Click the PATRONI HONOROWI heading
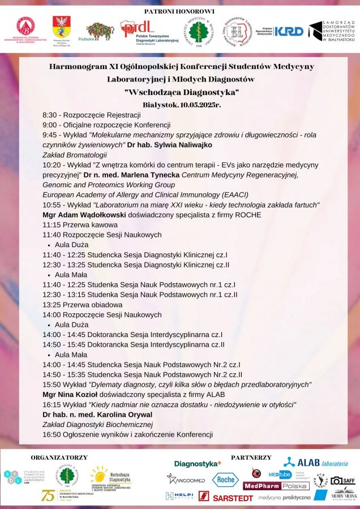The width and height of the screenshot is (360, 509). coord(179,11)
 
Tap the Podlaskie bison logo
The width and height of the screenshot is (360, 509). coord(100,31)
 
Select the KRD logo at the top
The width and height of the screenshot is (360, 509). coord(289,32)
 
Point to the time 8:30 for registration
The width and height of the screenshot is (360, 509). coord(51,115)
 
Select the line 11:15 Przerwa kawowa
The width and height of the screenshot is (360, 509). coord(80,225)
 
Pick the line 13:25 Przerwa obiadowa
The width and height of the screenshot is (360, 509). coord(83,305)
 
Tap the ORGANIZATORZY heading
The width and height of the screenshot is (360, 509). coord(59,457)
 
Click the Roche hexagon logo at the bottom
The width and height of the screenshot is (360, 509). coord(225,480)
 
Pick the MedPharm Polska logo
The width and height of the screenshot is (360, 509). coord(276,486)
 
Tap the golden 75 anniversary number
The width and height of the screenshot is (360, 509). coord(49,495)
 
